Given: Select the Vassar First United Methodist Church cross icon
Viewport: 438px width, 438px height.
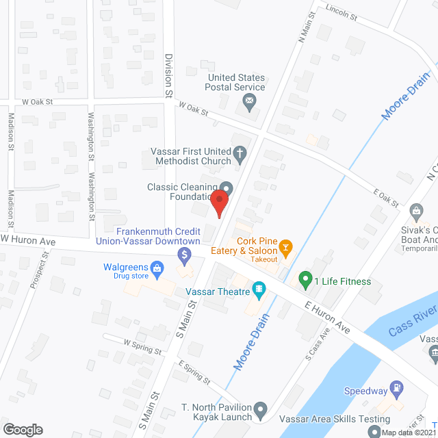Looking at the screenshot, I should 240,155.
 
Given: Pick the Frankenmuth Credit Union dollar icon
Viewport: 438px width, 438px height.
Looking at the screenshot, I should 183,256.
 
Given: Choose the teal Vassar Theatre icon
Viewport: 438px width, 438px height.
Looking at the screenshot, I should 259,291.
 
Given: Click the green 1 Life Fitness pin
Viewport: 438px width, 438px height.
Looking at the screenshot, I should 304,280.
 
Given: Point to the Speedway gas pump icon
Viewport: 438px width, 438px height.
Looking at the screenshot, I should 396,391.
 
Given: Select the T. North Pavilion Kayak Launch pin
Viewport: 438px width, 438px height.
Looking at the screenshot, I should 260,412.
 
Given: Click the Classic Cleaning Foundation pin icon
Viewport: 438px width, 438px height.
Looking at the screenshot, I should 227,188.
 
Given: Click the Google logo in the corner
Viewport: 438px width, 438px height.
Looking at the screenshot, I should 22,429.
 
